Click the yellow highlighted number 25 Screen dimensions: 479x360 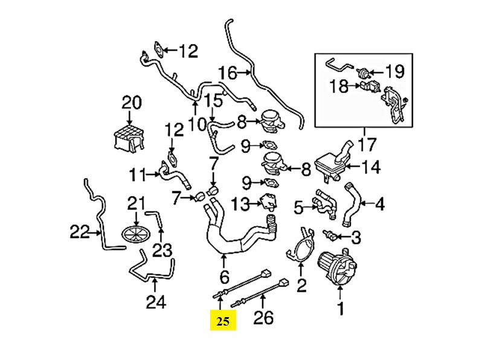223,321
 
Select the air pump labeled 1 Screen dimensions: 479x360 337,266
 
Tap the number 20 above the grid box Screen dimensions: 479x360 132,103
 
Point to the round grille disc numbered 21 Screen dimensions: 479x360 136,234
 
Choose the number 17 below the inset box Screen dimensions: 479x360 367,144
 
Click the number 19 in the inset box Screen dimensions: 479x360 394,71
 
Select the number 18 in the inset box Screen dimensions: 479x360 339,86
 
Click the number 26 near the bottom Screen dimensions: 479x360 263,318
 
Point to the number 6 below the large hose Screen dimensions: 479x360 224,277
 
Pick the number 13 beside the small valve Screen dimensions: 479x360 240,204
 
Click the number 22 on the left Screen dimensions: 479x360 80,232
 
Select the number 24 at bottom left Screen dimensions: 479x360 156,302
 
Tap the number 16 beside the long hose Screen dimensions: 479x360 228,73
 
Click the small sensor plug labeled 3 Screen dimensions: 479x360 330,236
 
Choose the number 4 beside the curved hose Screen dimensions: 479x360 379,204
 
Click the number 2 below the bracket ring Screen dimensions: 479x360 301,286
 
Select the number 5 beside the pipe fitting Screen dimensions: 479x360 299,208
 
